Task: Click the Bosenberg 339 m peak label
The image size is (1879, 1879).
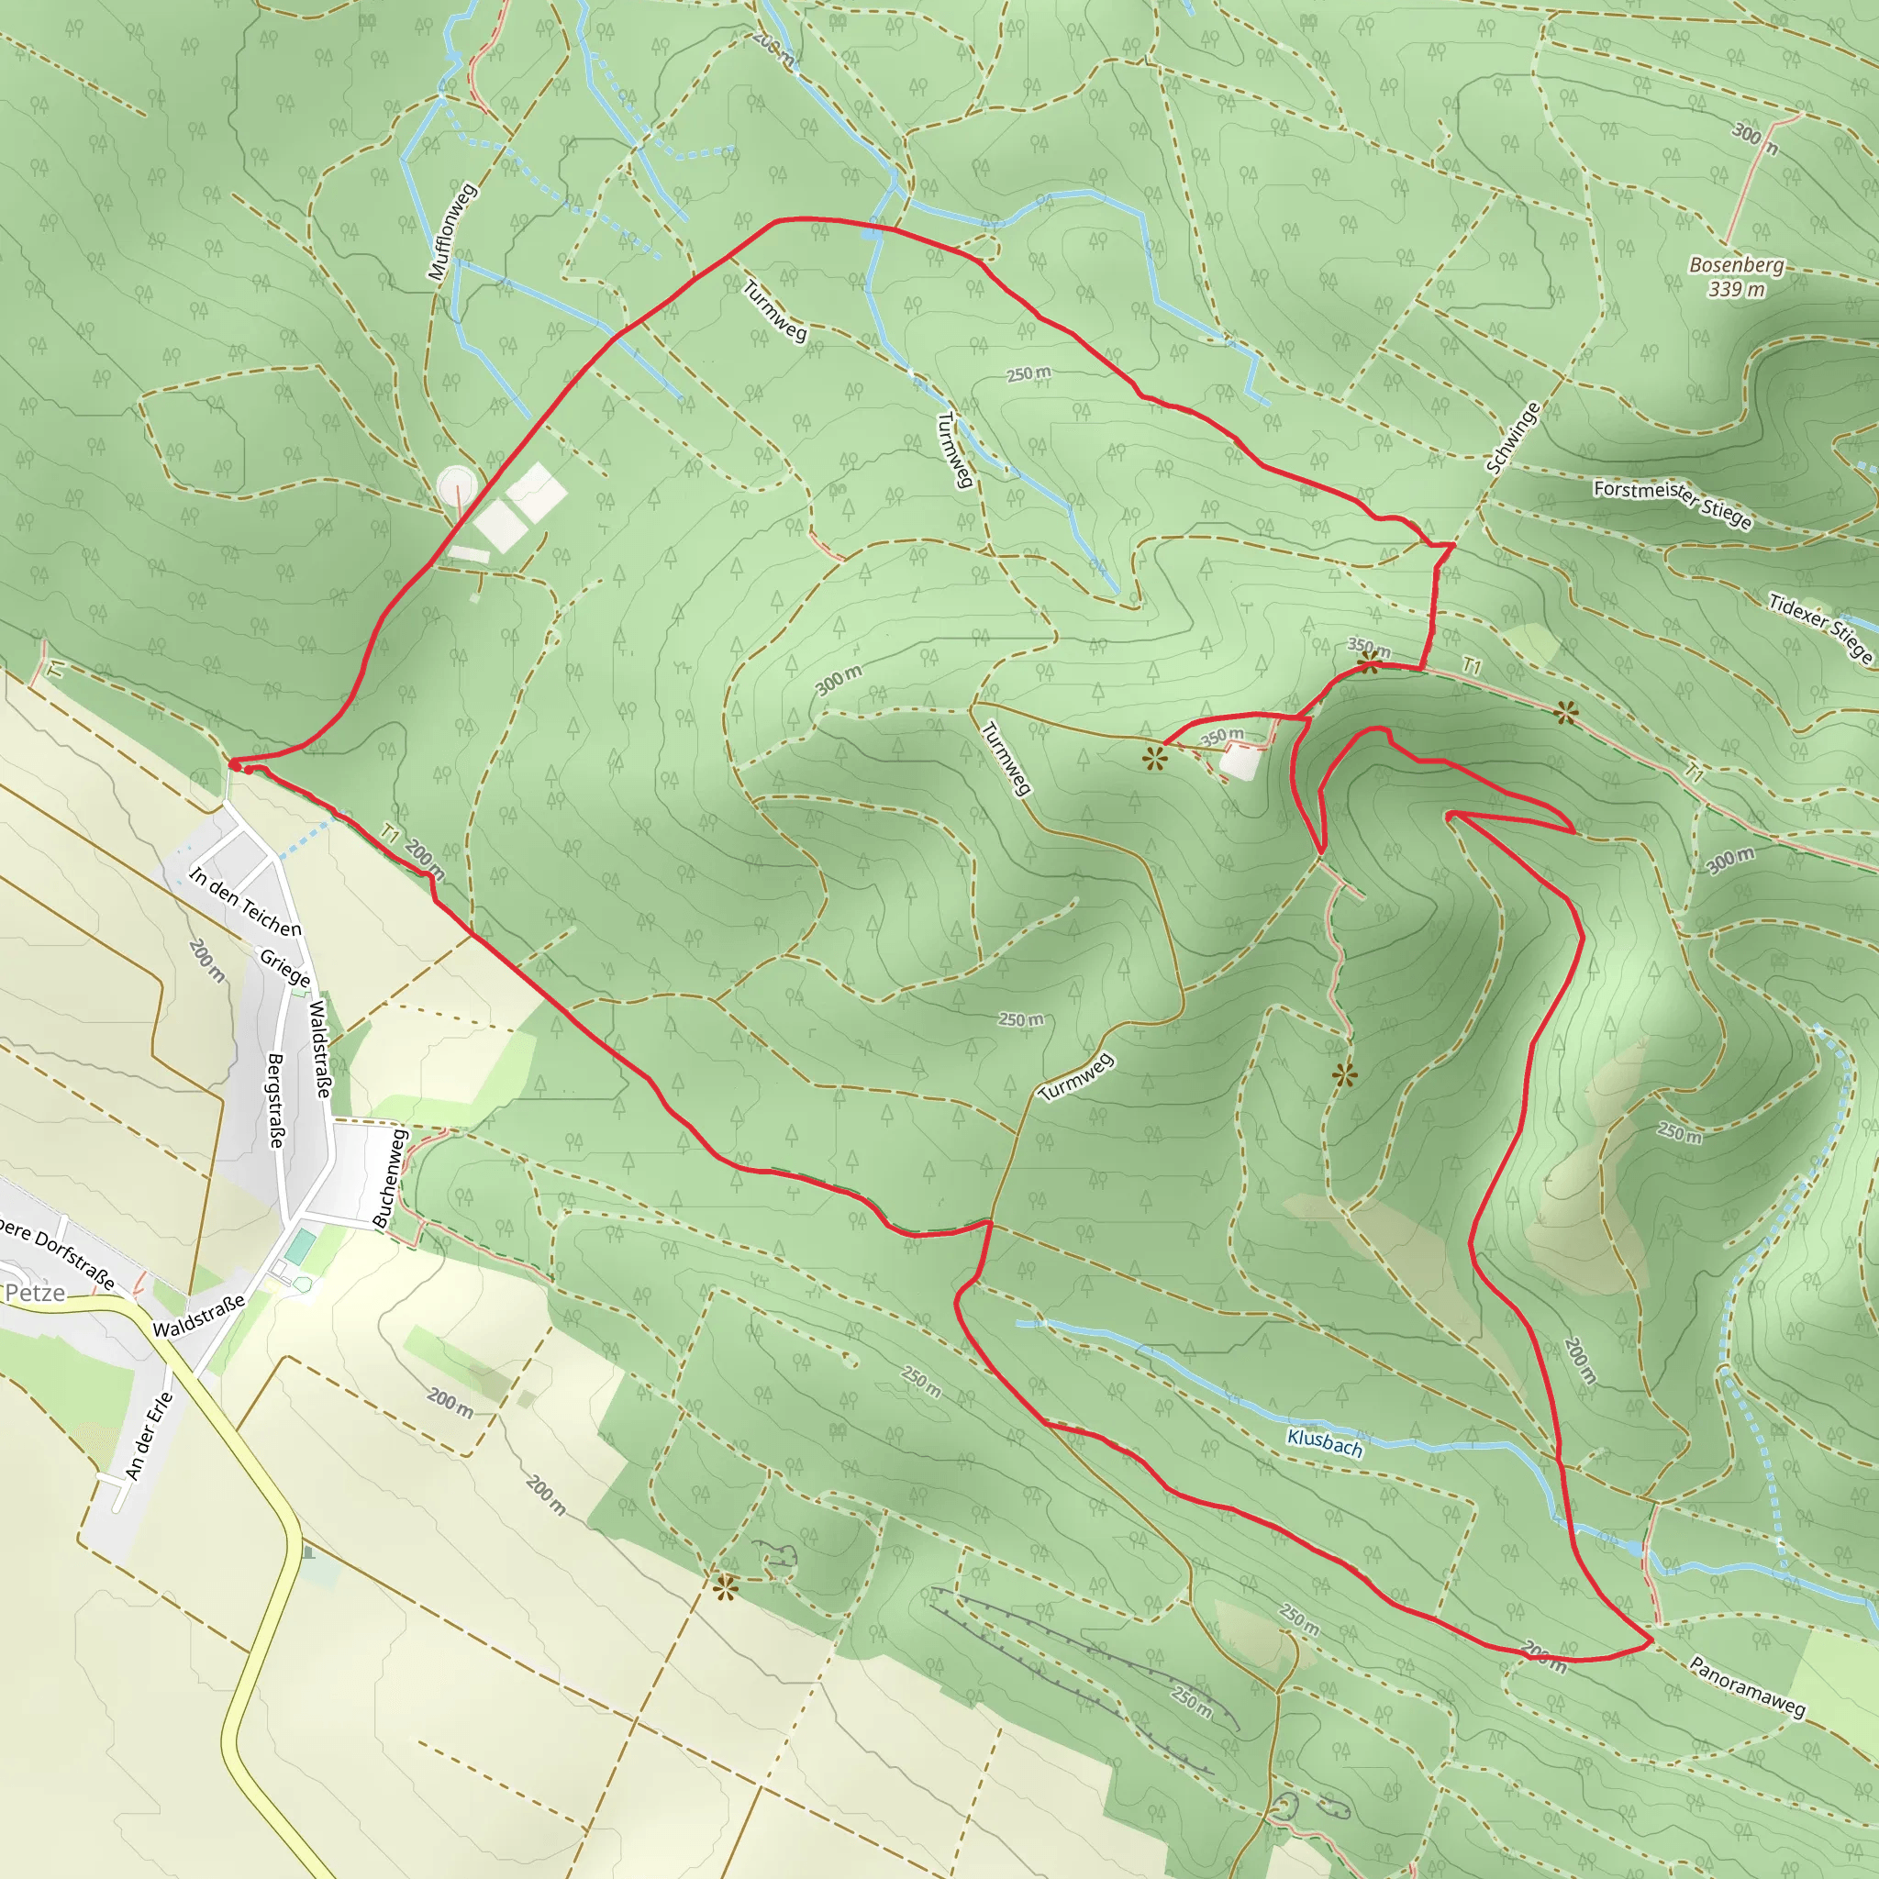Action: click(x=1736, y=276)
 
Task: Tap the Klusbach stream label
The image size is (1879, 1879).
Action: click(x=1324, y=1441)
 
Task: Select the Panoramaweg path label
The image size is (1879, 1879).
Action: click(x=1747, y=1686)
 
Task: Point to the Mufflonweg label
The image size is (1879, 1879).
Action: click(x=452, y=231)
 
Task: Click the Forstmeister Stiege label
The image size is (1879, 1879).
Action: click(x=1672, y=502)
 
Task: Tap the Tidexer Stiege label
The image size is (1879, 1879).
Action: click(x=1819, y=627)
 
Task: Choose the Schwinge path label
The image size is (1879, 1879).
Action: click(x=1513, y=438)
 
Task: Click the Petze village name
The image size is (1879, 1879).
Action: click(x=35, y=1293)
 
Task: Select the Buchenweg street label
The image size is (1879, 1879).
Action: click(x=389, y=1177)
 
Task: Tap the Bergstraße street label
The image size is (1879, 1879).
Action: click(x=276, y=1100)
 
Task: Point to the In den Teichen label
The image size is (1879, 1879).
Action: click(x=245, y=902)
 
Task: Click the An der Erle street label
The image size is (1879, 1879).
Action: click(x=149, y=1436)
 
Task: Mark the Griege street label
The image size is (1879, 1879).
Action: click(x=285, y=968)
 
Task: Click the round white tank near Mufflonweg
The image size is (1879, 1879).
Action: click(x=456, y=484)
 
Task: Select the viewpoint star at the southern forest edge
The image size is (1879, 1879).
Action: click(x=725, y=1590)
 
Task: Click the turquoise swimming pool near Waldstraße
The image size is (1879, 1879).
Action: click(x=301, y=1246)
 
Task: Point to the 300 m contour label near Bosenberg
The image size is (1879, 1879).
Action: click(x=1755, y=139)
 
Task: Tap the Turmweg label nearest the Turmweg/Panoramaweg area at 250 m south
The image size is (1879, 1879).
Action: click(x=1075, y=1078)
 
